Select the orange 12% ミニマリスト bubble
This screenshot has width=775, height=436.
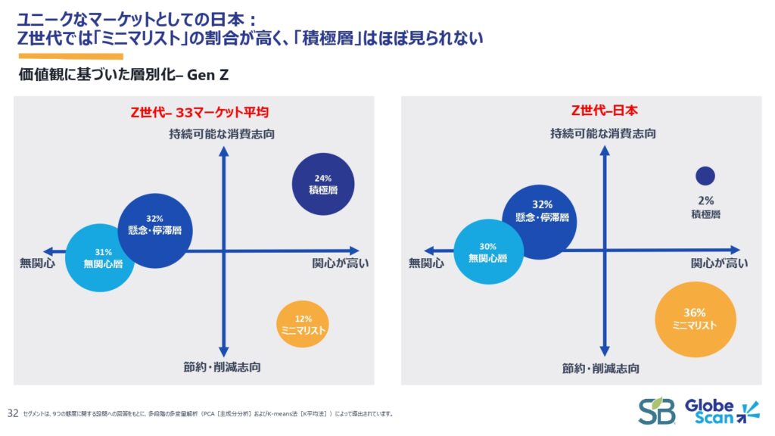[303, 325]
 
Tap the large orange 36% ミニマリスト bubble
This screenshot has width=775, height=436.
[695, 319]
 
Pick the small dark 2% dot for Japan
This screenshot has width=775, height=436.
[705, 176]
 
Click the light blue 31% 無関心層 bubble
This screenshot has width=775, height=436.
[101, 257]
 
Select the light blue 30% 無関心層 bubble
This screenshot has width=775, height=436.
[488, 252]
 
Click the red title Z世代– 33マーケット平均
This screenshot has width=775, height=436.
[201, 112]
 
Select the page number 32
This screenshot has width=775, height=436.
[12, 413]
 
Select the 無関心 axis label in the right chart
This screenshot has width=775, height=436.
[425, 263]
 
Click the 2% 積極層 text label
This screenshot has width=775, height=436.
[705, 207]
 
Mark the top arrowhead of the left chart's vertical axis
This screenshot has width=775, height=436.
[223, 149]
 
